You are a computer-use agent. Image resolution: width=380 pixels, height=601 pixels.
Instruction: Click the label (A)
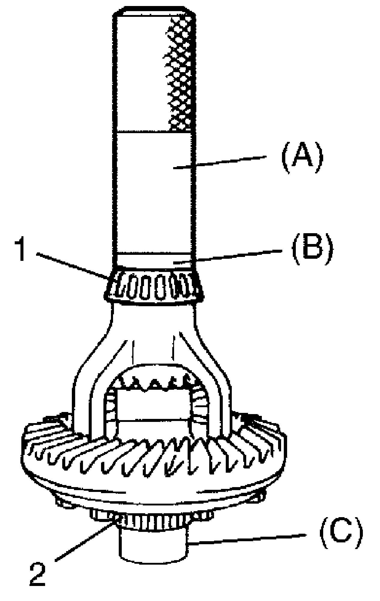click(302, 157)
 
